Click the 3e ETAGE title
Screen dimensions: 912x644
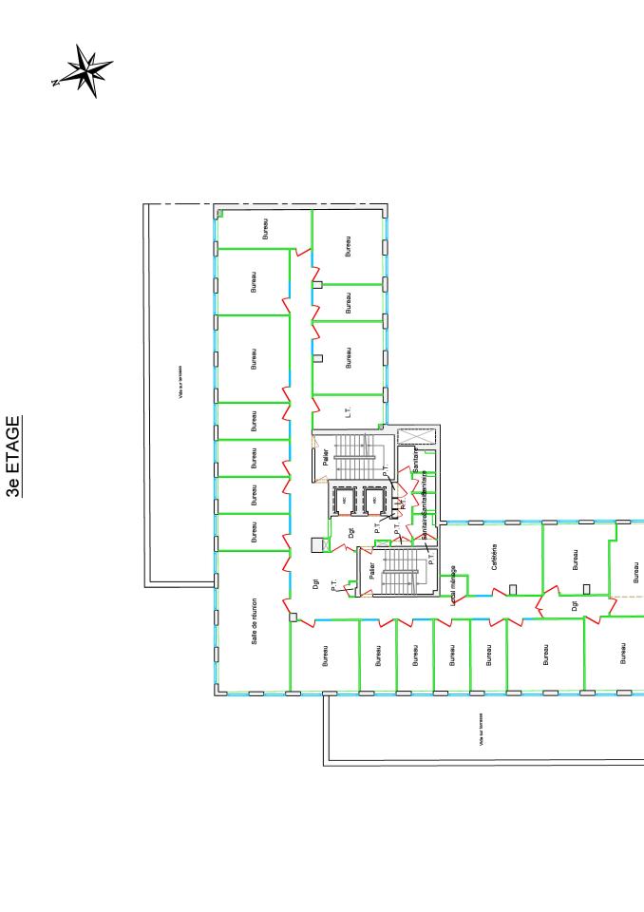13,457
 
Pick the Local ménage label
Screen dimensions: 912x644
454,583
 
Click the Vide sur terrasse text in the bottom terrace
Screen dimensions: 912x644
482,729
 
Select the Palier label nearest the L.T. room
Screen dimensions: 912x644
325,457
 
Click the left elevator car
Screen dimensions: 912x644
343,500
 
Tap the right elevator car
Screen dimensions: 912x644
375,500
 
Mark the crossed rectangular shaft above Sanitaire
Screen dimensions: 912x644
416,436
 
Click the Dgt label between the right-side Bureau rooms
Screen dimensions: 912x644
575,604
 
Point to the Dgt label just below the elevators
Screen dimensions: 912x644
351,534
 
